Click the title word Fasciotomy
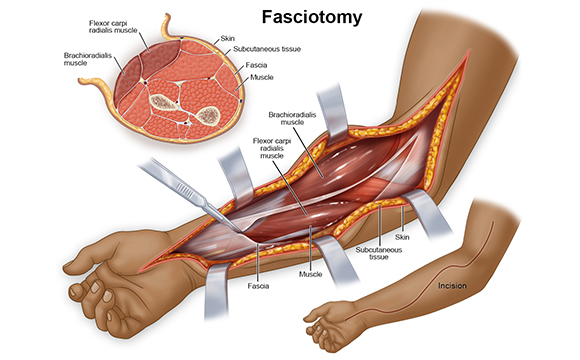pyautogui.click(x=311, y=18)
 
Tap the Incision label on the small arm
pyautogui.click(x=452, y=286)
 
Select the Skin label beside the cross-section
pyautogui.click(x=227, y=38)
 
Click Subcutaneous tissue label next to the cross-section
pyautogui.click(x=267, y=49)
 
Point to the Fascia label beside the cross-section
pyautogui.click(x=256, y=65)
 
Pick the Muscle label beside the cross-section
pyautogui.click(x=262, y=77)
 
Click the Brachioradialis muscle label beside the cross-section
pyautogui.click(x=88, y=59)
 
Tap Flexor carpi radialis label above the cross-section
pyautogui.click(x=113, y=27)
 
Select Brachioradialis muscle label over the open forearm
pyautogui.click(x=292, y=118)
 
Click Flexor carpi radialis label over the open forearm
pyautogui.click(x=272, y=148)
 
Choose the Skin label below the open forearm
pyautogui.click(x=402, y=237)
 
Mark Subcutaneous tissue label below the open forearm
pyautogui.click(x=379, y=253)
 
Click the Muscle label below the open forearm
pyautogui.click(x=310, y=274)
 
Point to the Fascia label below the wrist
pyautogui.click(x=258, y=286)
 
